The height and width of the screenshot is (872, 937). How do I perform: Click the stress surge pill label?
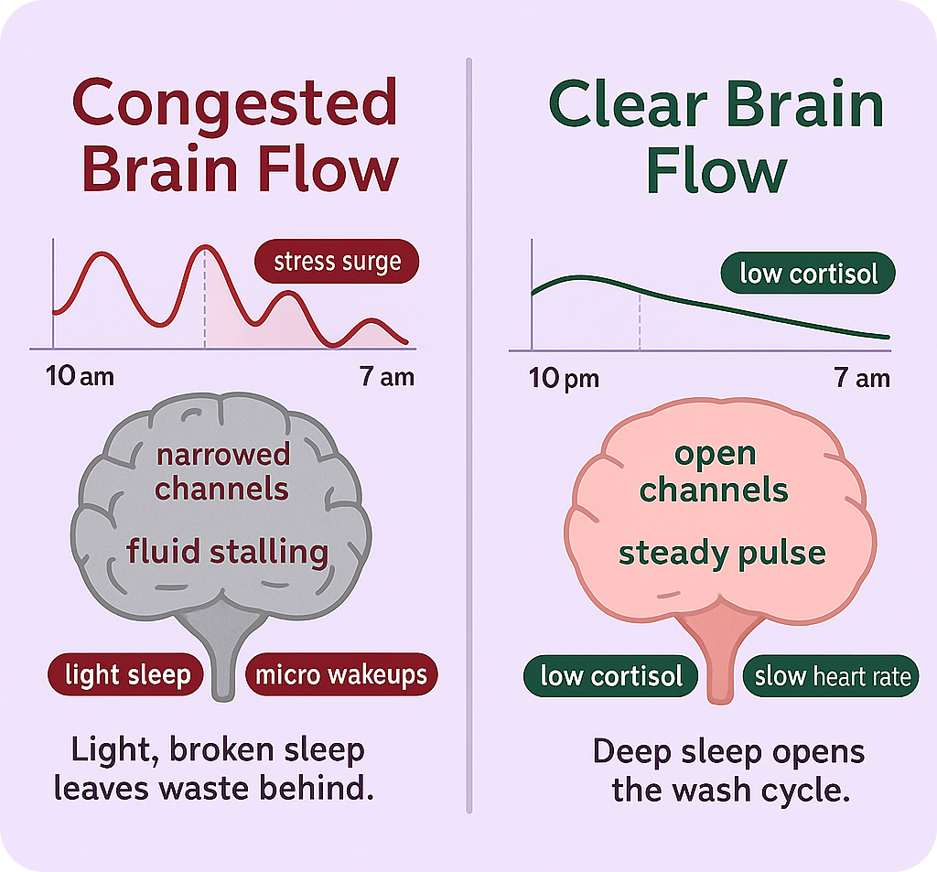click(x=337, y=263)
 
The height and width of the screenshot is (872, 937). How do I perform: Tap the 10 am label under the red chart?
click(x=80, y=376)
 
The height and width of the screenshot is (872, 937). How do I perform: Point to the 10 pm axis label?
click(x=564, y=378)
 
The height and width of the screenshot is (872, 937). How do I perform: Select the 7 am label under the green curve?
click(x=862, y=377)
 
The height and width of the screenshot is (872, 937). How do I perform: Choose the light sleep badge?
click(x=128, y=675)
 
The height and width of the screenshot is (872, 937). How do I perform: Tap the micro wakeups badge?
click(x=341, y=675)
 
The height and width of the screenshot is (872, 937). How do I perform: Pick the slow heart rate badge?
click(x=831, y=676)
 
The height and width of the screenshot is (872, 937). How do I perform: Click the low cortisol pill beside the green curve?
click(x=808, y=273)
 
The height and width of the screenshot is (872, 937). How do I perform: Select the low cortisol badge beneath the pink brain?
click(x=611, y=676)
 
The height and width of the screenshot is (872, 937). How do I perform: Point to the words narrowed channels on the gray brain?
click(x=222, y=471)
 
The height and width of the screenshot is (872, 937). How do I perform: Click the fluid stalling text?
click(x=227, y=552)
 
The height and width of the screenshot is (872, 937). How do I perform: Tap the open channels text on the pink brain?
click(x=714, y=471)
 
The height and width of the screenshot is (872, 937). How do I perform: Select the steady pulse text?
click(x=722, y=553)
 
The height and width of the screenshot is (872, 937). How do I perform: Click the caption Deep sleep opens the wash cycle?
click(x=728, y=770)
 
